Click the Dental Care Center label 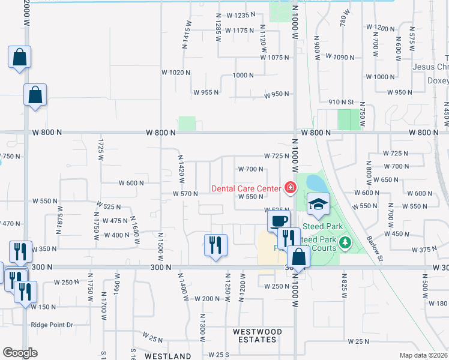246,188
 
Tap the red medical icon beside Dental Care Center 291,188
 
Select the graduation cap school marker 318,205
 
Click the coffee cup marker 279,220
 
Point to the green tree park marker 345,243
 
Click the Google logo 20,353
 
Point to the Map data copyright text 424,356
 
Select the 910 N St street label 342,103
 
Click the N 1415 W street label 187,38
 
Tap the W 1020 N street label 175,72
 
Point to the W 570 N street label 185,194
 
